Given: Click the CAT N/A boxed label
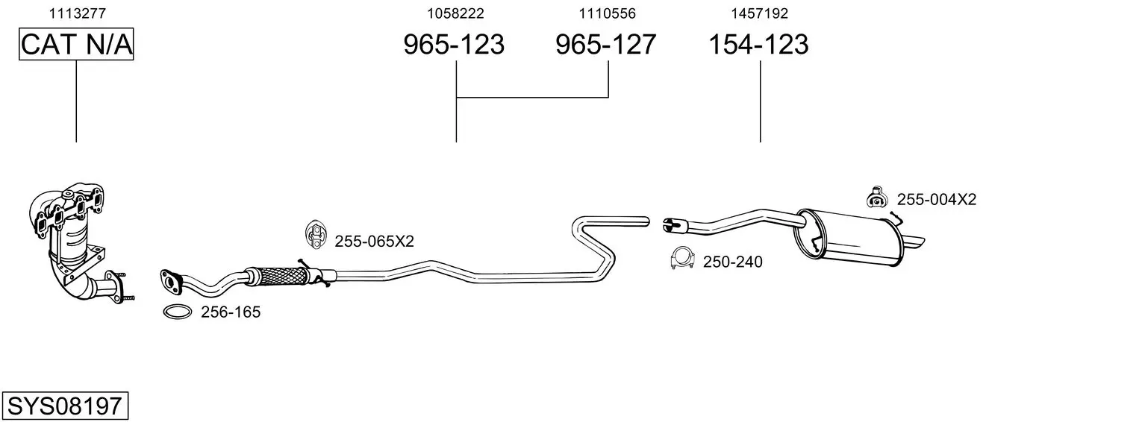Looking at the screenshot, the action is (x=76, y=44).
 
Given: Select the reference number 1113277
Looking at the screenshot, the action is (x=78, y=13).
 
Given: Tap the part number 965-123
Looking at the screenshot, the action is (x=454, y=44).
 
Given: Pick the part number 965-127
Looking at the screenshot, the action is (x=605, y=44).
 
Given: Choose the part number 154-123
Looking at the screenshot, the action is (x=758, y=44).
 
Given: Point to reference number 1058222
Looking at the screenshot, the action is (x=455, y=13).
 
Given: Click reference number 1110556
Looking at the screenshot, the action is (x=607, y=13).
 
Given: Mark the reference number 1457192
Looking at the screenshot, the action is (x=760, y=13).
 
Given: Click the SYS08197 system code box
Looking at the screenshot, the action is (x=65, y=406).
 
